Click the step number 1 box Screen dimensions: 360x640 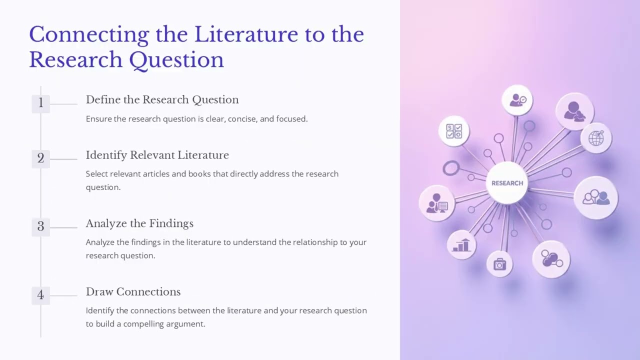pos(40,103)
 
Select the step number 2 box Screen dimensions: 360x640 pos(40,158)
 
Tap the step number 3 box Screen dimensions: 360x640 pos(40,227)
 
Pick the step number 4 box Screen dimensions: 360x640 pos(40,295)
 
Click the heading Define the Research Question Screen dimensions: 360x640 pos(162,99)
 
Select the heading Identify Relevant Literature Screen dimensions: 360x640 pos(157,155)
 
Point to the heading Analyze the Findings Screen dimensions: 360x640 pos(139,223)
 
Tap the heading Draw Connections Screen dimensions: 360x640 pos(133,291)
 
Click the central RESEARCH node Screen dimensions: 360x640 pos(507,183)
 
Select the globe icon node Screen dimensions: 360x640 pos(596,138)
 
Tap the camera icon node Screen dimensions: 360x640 pos(499,264)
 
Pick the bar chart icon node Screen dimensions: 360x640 pos(461,245)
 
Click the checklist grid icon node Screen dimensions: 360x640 pos(454,131)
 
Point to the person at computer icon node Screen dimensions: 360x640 pos(436,203)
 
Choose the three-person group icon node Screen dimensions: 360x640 pos(596,197)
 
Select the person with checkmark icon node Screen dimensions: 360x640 pos(517,100)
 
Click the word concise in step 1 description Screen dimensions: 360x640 pos(241,119)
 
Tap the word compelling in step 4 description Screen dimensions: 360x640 pos(145,324)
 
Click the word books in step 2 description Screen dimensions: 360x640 pos(200,174)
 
